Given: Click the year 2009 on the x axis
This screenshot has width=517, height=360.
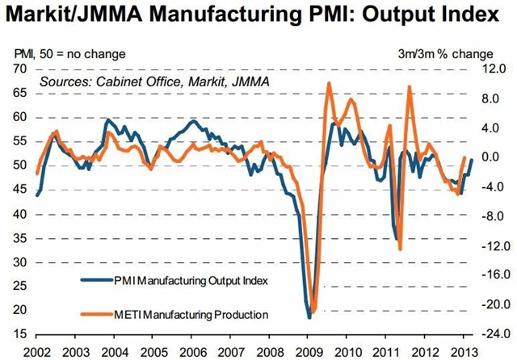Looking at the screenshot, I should [x=309, y=351].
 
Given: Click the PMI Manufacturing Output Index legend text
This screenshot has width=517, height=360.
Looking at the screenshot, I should [x=197, y=281].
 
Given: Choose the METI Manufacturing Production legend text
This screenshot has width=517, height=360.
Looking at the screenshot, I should [x=197, y=313].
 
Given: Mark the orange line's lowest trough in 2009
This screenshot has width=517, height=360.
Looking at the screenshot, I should [x=313, y=312].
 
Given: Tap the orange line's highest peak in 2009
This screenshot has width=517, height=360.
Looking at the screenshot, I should [x=329, y=83].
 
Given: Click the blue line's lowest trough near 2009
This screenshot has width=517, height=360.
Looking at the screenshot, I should [x=309, y=317].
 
